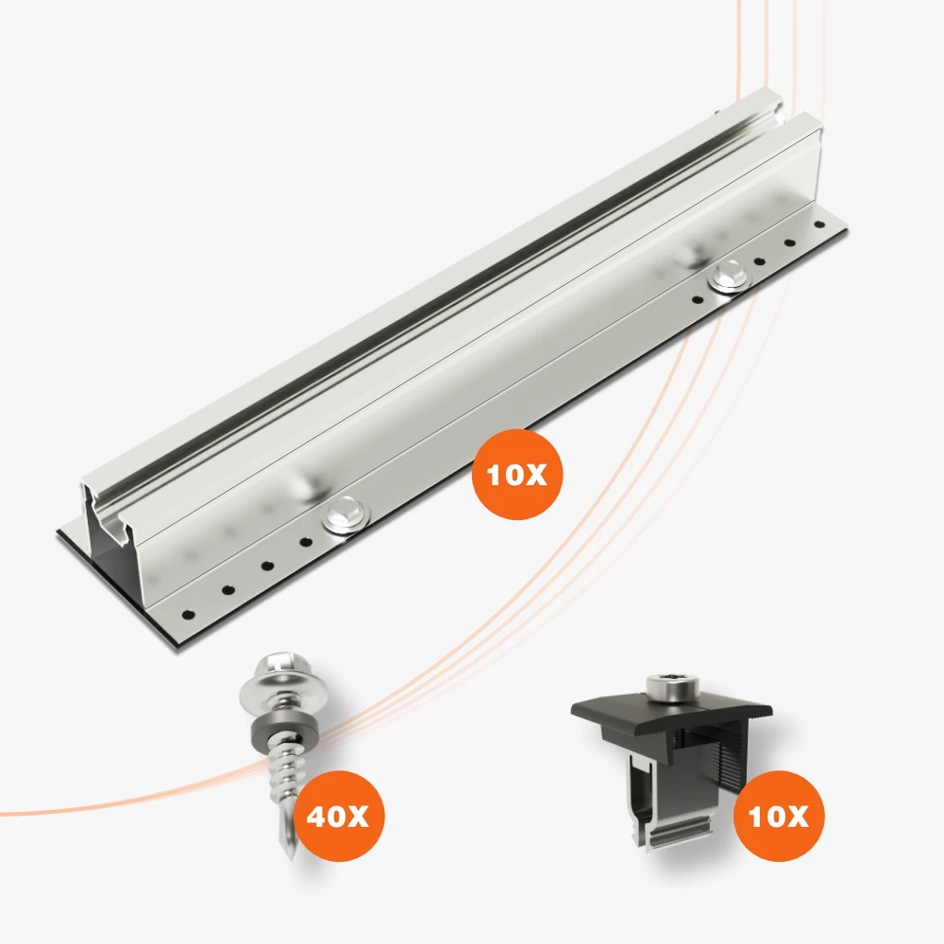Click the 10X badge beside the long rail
tap(516, 475)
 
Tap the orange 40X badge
tap(338, 816)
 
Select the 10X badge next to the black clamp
tap(779, 816)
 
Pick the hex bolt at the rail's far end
tap(729, 277)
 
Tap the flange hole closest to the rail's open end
tap(189, 615)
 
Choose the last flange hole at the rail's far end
tap(818, 226)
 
